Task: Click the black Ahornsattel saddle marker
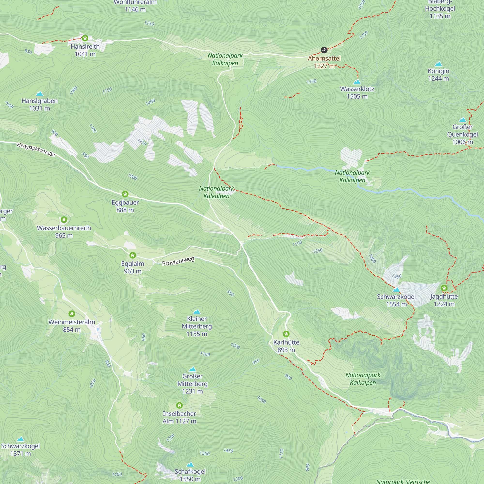pyautogui.click(x=324, y=50)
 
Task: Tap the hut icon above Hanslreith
pyautogui.click(x=85, y=38)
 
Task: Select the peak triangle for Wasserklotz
pyautogui.click(x=357, y=82)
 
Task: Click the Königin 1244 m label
pyautogui.click(x=439, y=75)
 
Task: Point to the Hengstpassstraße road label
pyautogui.click(x=36, y=149)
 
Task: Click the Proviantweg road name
pyautogui.click(x=178, y=261)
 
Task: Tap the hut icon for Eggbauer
pyautogui.click(x=125, y=194)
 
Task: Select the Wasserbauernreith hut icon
pyautogui.click(x=64, y=220)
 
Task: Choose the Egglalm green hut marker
pyautogui.click(x=133, y=255)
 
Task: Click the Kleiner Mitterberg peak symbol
pyautogui.click(x=197, y=312)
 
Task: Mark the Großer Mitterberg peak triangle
pyautogui.click(x=192, y=369)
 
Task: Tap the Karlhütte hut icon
pyautogui.click(x=286, y=334)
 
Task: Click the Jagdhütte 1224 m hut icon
pyautogui.click(x=444, y=288)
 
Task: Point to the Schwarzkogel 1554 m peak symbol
pyautogui.click(x=396, y=290)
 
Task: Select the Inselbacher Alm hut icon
pyautogui.click(x=179, y=405)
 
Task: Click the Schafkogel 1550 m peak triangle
pyautogui.click(x=190, y=465)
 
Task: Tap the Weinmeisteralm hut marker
pyautogui.click(x=72, y=313)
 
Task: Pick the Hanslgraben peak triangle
pyautogui.click(x=40, y=94)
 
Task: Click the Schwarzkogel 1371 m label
pyautogui.click(x=21, y=450)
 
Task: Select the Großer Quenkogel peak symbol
pyautogui.click(x=462, y=120)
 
